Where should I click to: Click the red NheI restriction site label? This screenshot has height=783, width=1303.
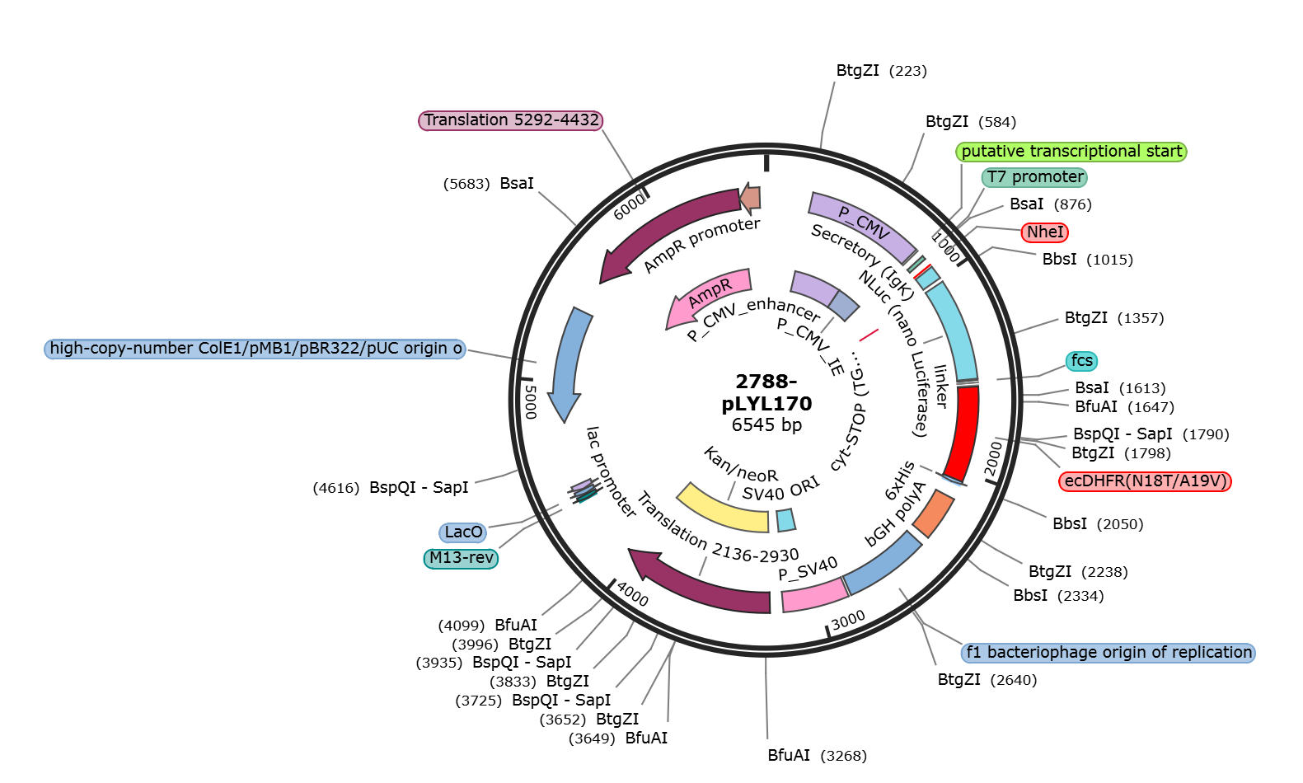(x=1045, y=232)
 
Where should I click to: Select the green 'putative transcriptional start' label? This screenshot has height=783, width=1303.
(x=1071, y=152)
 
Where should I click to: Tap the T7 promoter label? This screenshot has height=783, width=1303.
(x=1035, y=177)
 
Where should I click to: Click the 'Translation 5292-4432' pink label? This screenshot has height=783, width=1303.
(x=511, y=120)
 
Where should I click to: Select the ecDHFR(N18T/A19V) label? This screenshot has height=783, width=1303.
(x=1145, y=481)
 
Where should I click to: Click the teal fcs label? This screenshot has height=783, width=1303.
(x=1081, y=361)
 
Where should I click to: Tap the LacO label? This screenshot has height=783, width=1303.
(x=463, y=532)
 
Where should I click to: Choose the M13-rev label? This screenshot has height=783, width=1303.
(x=461, y=558)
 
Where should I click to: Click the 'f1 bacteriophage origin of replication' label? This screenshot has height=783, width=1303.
(x=1108, y=652)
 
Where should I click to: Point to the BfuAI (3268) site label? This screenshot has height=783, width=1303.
(x=818, y=755)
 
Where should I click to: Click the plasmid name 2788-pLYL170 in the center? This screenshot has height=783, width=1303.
(x=766, y=392)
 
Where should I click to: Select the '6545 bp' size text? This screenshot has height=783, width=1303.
(x=766, y=424)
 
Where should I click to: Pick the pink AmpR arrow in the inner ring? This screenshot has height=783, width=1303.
(x=709, y=296)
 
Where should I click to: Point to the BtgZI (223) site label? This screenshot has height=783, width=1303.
(x=881, y=71)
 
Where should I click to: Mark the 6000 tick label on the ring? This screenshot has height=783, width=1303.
(x=630, y=207)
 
